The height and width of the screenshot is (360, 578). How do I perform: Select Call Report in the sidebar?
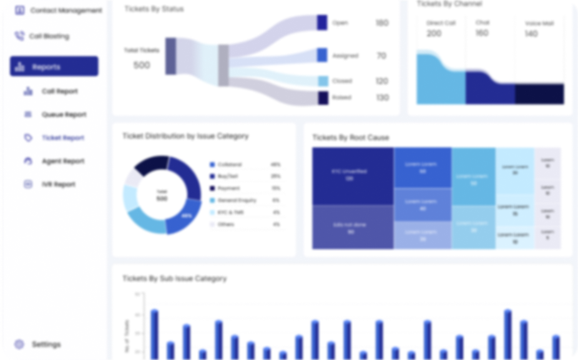click(60, 91)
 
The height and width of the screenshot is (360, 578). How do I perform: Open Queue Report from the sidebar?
click(64, 115)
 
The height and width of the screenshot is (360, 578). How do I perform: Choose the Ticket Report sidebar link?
click(62, 138)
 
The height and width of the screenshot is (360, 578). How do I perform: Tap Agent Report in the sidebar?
click(62, 161)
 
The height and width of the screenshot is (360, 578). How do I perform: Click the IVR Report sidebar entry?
click(59, 185)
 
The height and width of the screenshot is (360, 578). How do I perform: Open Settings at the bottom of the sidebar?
click(46, 344)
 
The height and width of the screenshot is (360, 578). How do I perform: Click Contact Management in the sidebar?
click(66, 11)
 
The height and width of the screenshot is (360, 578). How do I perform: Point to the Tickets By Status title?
click(154, 9)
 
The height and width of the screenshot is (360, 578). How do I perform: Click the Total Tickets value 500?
click(142, 65)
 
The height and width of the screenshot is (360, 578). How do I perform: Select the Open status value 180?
click(381, 23)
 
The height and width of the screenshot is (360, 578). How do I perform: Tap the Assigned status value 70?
click(381, 56)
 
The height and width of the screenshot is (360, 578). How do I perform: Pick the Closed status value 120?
click(381, 81)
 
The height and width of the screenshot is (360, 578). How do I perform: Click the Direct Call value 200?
click(434, 33)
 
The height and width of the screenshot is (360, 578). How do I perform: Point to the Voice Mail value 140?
click(531, 34)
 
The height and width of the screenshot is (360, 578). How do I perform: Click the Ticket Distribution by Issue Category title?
click(185, 136)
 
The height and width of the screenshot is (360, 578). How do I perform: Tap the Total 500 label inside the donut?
click(162, 195)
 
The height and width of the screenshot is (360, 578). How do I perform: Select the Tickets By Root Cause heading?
click(350, 137)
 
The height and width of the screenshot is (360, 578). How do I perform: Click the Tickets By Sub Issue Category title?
click(174, 278)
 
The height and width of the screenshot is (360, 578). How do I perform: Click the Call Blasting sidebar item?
click(49, 36)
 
